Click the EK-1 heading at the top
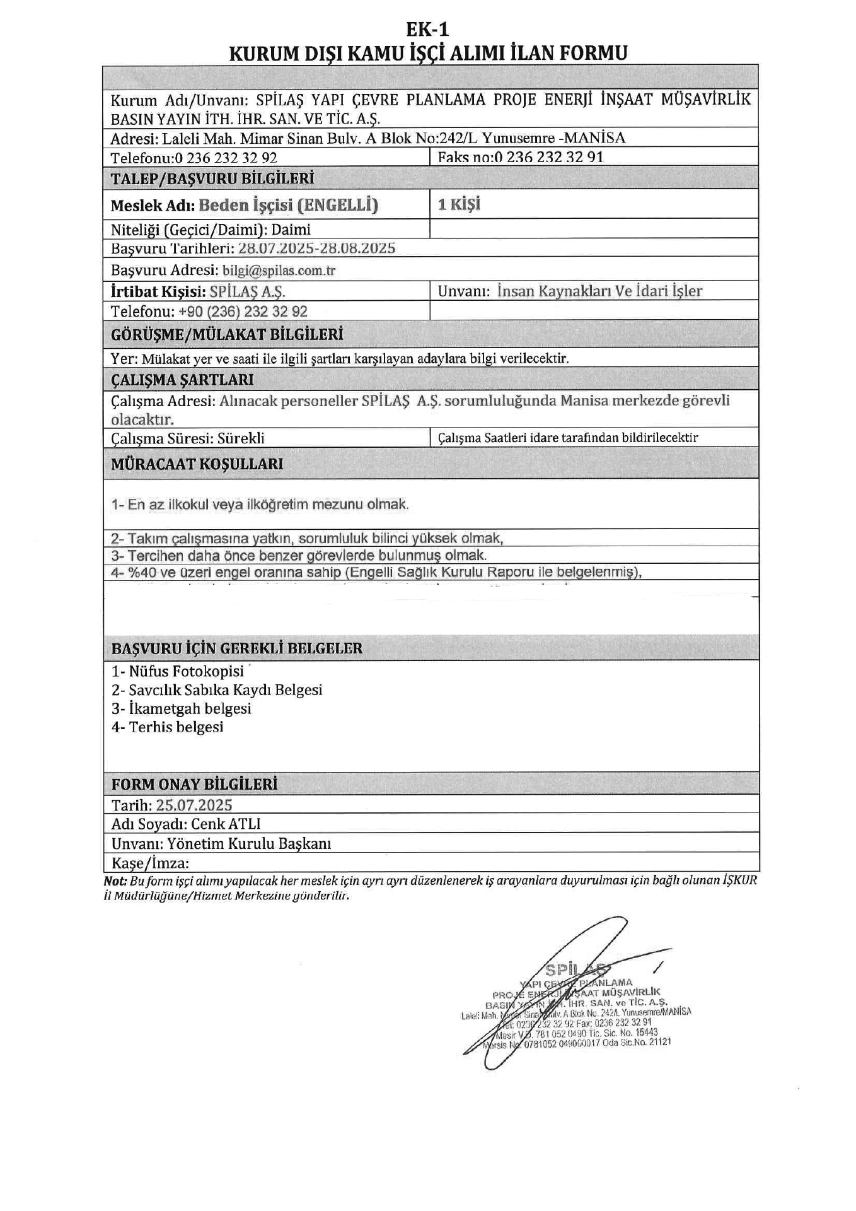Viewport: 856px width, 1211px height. tap(427, 30)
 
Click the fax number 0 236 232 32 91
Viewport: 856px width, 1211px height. tap(548, 157)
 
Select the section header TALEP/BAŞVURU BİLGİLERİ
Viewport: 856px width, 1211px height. tap(212, 178)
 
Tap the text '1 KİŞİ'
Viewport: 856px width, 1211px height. tap(459, 204)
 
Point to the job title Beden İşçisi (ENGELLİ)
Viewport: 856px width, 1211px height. tap(288, 205)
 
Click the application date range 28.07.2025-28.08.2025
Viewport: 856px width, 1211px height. tap(316, 248)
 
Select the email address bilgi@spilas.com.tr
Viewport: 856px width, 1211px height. tap(279, 271)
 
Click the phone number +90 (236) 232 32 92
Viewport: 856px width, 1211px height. tap(243, 311)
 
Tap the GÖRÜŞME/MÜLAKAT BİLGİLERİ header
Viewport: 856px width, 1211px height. tap(227, 334)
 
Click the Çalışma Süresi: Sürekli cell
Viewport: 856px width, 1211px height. tap(188, 438)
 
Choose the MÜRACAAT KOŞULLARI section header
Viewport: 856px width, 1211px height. tap(197, 464)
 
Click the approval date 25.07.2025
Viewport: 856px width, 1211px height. tap(194, 805)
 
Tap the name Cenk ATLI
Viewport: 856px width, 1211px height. tap(226, 824)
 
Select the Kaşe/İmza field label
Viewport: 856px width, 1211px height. tap(150, 863)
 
